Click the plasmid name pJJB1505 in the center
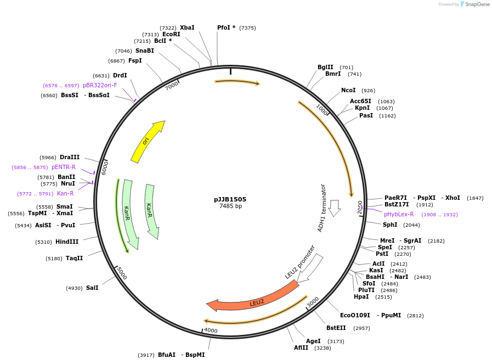click(x=230, y=199)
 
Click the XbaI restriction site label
click(x=187, y=27)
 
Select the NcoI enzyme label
click(x=348, y=90)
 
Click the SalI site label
click(x=92, y=288)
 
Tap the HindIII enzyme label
click(x=67, y=242)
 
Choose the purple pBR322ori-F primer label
click(x=100, y=85)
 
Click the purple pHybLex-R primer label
click(x=399, y=214)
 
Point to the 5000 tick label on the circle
click(x=122, y=273)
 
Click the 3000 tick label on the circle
click(x=313, y=303)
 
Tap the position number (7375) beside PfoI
click(x=247, y=28)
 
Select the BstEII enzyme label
click(x=336, y=328)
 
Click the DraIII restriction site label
click(x=70, y=157)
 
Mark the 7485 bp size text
click(x=230, y=206)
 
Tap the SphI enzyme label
click(x=390, y=225)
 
